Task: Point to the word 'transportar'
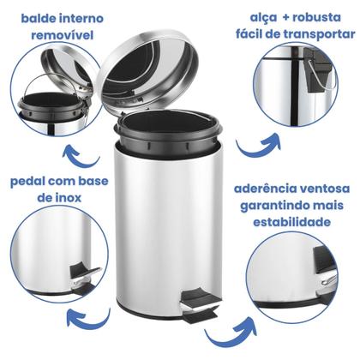pos(312,36)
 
